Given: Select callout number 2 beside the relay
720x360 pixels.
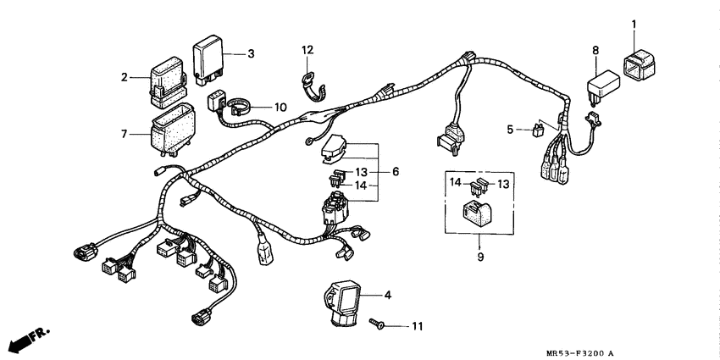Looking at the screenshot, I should click(125, 77).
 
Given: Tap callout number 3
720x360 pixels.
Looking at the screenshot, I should click(251, 54).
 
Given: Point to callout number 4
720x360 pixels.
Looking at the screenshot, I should click(387, 296).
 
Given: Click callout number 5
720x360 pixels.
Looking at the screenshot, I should click(511, 130).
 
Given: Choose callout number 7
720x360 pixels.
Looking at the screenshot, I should click(125, 133).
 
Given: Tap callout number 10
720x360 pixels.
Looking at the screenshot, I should click(280, 108).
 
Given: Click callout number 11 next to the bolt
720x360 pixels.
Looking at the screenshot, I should click(416, 325).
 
